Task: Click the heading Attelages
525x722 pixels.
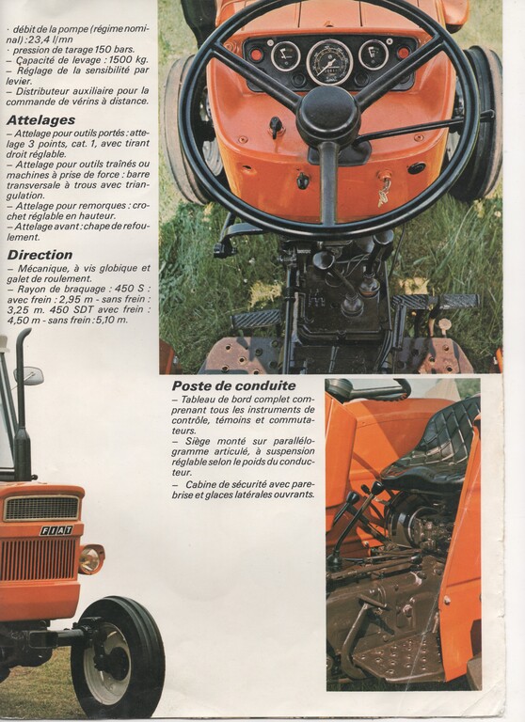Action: pos(40,120)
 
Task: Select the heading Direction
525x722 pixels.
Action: pos(40,255)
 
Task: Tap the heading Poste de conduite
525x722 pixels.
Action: pos(233,385)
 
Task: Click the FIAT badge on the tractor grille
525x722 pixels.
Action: pos(56,530)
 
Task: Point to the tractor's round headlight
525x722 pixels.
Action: pos(91,559)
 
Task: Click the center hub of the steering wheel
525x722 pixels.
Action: pos(327,116)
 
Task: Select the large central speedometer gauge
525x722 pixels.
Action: pos(329,63)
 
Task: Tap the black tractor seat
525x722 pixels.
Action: pos(434,447)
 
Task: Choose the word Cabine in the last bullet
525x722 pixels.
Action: pos(199,484)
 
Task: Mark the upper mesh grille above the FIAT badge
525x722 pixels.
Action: pos(41,509)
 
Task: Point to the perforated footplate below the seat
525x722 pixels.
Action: pos(392,654)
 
